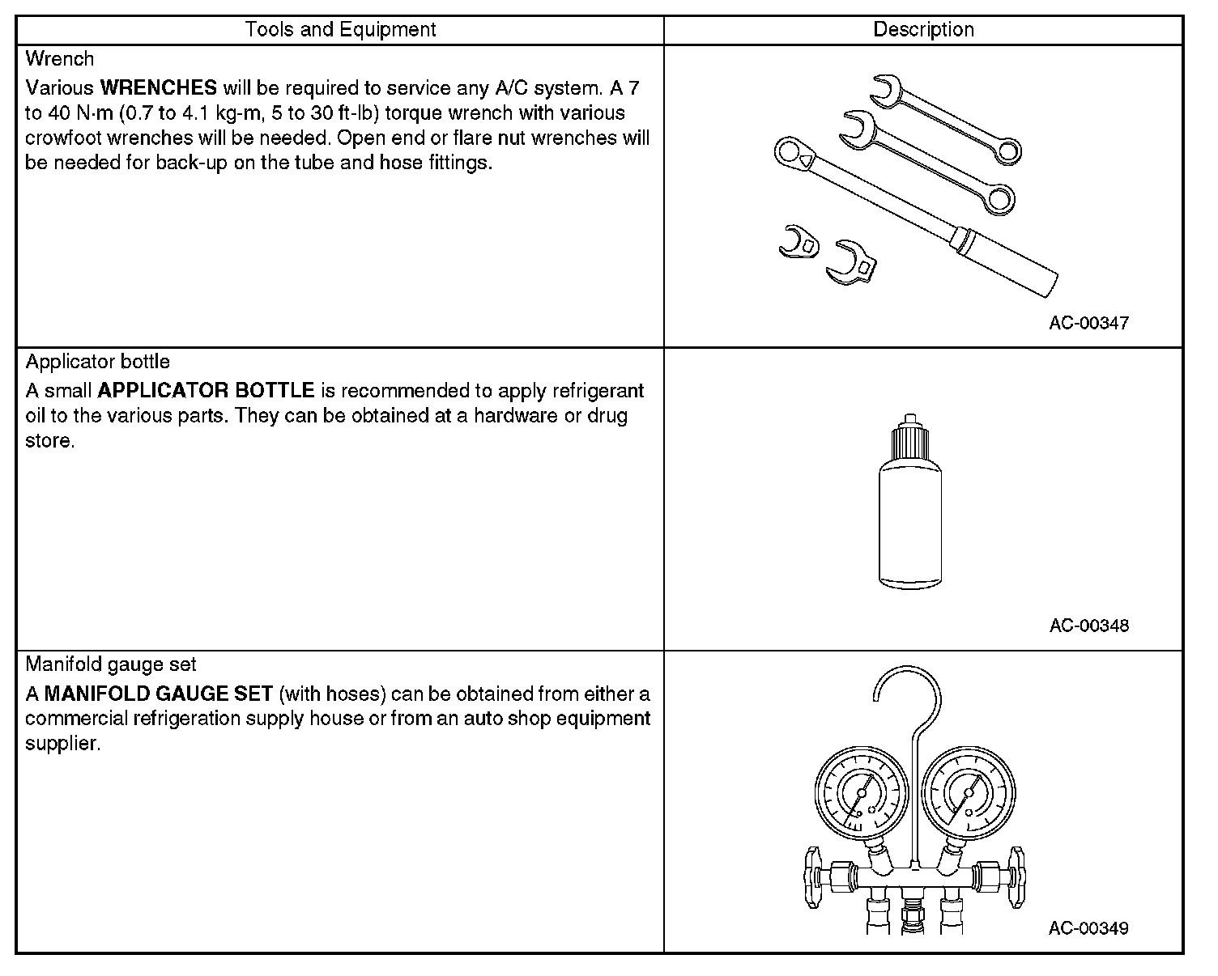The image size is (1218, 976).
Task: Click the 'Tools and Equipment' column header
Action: click(340, 30)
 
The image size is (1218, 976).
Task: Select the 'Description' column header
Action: click(923, 30)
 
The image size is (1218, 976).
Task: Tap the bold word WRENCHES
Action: click(158, 87)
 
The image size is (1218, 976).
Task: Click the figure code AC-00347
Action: click(1088, 323)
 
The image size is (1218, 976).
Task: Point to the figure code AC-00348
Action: click(1088, 626)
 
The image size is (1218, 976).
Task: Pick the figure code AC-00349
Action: click(1088, 928)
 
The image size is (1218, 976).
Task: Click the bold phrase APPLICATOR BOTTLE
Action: click(206, 391)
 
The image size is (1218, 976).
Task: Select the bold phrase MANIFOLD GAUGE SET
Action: click(158, 694)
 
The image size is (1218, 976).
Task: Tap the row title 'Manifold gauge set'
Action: click(111, 664)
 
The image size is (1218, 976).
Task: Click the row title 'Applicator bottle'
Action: click(98, 362)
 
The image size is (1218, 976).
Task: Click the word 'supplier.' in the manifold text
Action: click(62, 744)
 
